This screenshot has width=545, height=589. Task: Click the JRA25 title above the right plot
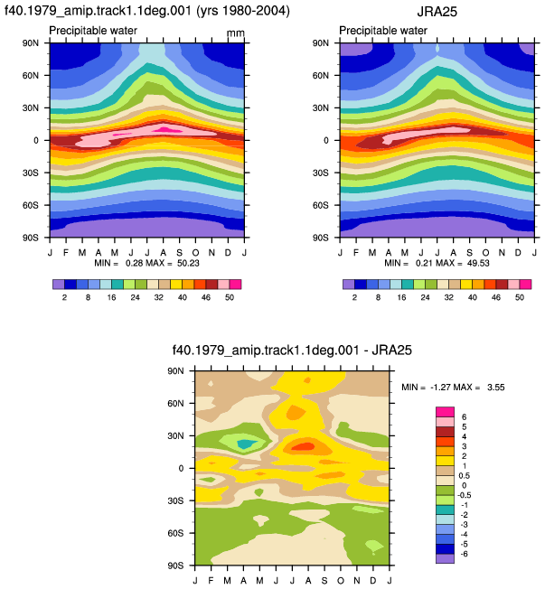tap(437, 12)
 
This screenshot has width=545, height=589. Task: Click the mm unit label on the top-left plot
tap(236, 33)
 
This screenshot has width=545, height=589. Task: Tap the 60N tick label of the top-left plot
tap(30, 76)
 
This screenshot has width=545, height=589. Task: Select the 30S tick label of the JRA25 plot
tap(320, 173)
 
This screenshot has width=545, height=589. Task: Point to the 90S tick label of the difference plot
tap(175, 566)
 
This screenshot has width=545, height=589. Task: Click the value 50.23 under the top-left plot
tap(188, 263)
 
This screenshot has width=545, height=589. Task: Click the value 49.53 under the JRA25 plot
tap(478, 263)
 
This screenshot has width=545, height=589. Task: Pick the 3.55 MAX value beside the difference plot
tap(496, 388)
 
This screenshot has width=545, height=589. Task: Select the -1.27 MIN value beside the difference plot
tap(440, 388)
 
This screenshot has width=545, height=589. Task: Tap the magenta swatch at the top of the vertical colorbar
tap(445, 412)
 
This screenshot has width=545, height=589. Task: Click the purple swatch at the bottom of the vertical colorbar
tap(445, 558)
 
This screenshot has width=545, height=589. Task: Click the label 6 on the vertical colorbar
tap(464, 417)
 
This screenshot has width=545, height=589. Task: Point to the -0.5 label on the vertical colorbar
tap(465, 495)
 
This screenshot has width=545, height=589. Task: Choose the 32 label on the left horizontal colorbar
tap(158, 297)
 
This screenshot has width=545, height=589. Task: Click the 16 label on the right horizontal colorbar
tap(401, 297)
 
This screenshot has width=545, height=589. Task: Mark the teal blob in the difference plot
tap(246, 444)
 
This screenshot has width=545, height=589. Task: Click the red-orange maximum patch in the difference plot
tap(303, 446)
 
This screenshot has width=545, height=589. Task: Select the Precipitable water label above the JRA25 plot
tap(383, 31)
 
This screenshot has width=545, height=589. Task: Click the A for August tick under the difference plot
tap(308, 581)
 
